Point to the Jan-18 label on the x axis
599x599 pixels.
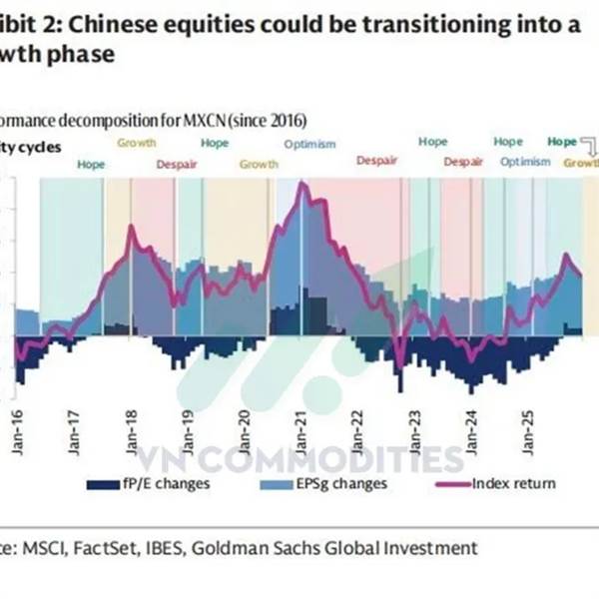coord(133,430)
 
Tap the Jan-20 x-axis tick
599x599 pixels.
coord(246,430)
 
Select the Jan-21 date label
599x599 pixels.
coord(300,430)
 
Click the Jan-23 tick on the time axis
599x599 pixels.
coord(414,430)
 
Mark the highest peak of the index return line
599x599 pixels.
coord(300,184)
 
